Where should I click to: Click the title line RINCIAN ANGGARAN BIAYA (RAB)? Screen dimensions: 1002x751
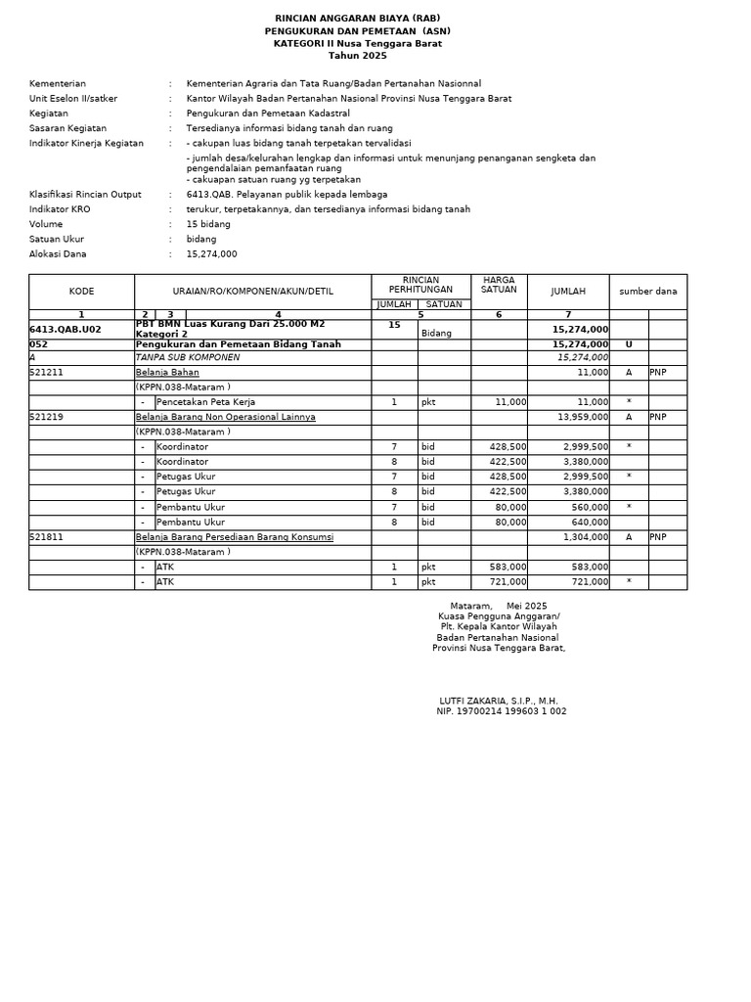(x=357, y=19)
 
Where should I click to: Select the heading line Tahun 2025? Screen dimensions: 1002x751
(x=357, y=56)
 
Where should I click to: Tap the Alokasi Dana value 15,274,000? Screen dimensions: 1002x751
(x=211, y=254)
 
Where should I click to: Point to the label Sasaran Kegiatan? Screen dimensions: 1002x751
(x=67, y=128)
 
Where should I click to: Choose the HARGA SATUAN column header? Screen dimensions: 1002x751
(x=499, y=285)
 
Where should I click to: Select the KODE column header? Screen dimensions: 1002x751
(x=81, y=292)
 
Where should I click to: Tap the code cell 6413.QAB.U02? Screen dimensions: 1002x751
(x=66, y=330)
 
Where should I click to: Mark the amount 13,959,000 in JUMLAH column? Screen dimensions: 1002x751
(x=583, y=417)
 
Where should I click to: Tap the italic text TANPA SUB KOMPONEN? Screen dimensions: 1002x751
(x=187, y=358)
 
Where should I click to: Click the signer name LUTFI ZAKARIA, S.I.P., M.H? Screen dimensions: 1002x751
(x=499, y=701)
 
